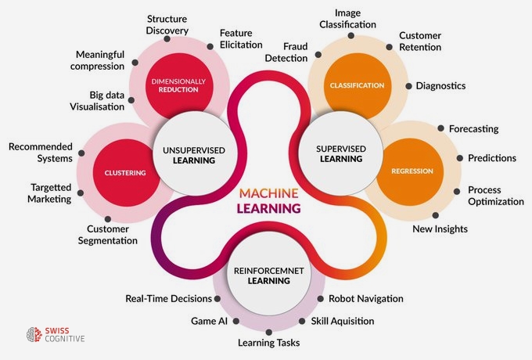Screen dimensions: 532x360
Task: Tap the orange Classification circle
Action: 347,85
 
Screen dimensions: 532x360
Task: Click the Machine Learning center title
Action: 265,200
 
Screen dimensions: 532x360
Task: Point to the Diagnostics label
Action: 440,85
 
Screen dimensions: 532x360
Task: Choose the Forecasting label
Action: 473,128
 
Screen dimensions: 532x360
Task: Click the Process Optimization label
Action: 495,196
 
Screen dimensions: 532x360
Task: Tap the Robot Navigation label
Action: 365,298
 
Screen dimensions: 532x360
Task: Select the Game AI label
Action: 209,321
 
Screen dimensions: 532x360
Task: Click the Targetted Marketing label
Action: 51,194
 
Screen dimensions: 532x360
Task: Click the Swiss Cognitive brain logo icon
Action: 33,335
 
